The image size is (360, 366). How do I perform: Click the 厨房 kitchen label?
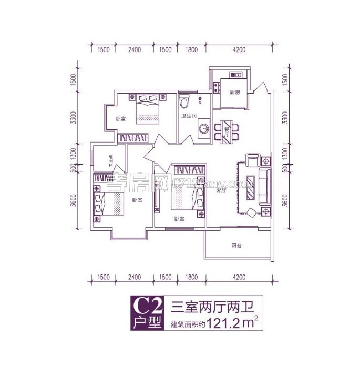[235, 92]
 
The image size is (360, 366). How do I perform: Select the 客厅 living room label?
[221, 191]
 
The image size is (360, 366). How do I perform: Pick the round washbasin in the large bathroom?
[203, 128]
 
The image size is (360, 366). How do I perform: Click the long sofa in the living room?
[264, 186]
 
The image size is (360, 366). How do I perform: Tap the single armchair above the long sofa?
[253, 159]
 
